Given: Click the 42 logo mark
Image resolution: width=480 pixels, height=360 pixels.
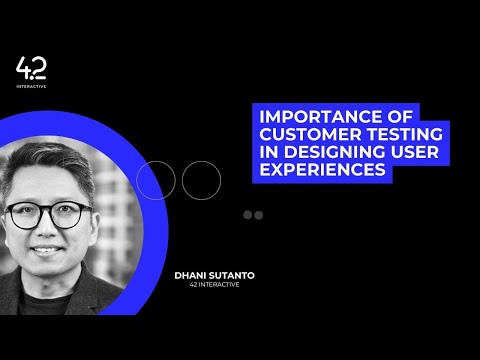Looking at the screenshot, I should tap(31, 68).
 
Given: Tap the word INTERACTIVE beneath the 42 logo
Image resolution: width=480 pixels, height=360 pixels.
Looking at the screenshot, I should tap(31, 86).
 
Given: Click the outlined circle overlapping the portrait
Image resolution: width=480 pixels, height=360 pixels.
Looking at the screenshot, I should tap(155, 180).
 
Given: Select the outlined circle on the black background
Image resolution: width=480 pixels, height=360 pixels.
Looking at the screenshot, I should tap(200, 180).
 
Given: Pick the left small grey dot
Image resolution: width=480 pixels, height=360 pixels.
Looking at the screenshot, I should tap(248, 215).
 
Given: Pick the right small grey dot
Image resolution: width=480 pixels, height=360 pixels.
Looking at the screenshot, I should tap(258, 215).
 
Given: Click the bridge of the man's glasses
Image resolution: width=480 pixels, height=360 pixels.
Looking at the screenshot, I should tap(49, 213).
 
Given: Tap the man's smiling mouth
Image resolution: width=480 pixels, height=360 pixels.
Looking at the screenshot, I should tap(49, 251).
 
